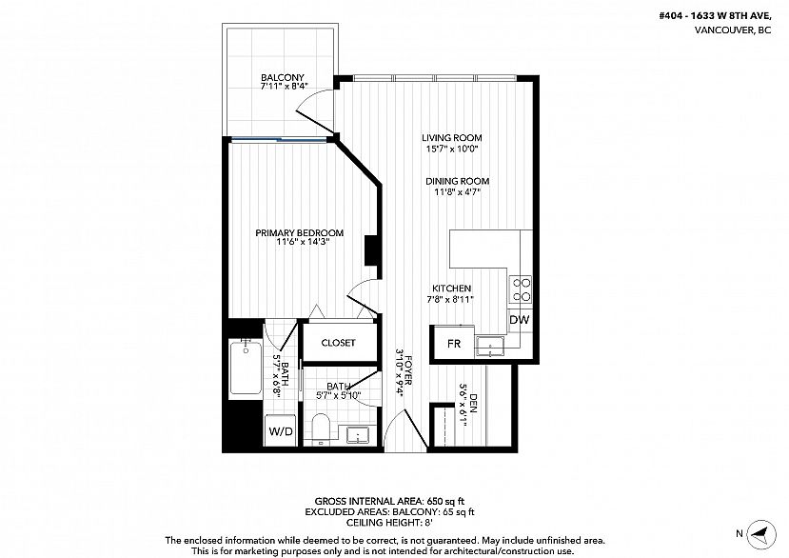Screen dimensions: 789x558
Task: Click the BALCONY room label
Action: [x=283, y=77]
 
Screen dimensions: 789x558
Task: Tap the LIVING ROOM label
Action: [x=451, y=137]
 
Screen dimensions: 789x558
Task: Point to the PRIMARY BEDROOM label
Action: [x=300, y=232]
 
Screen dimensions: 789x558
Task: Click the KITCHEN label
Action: [x=451, y=289]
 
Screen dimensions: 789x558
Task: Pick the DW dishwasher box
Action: [x=520, y=319]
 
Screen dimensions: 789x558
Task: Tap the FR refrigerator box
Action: [x=454, y=344]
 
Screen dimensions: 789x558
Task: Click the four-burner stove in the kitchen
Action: [x=521, y=289]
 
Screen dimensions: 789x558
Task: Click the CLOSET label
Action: [x=338, y=343]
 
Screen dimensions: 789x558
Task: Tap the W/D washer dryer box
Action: [x=281, y=430]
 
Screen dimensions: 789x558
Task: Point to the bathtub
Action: [x=245, y=368]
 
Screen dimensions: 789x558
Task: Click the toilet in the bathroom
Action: [x=321, y=428]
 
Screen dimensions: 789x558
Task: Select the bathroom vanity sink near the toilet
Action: [x=358, y=433]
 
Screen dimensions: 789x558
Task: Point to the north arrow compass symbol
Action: [x=760, y=534]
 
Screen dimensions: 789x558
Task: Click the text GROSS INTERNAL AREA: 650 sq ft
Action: [x=389, y=501]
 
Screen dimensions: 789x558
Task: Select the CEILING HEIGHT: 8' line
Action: [x=389, y=523]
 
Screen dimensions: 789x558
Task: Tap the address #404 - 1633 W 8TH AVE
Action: [x=715, y=15]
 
